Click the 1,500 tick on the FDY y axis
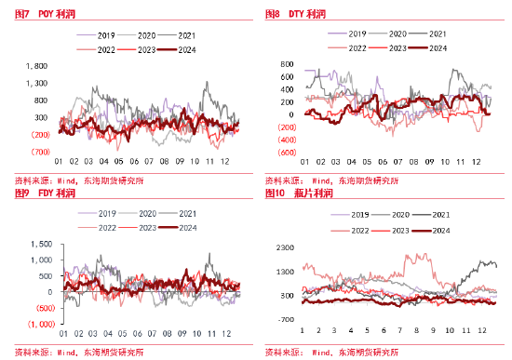point(40,244)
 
